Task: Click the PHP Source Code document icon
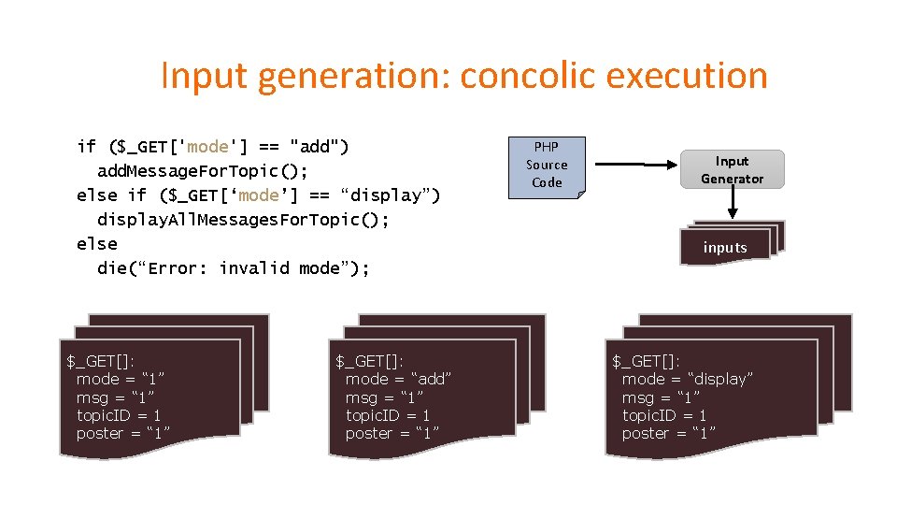click(x=547, y=166)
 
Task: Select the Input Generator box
click(x=733, y=169)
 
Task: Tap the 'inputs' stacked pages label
click(x=725, y=247)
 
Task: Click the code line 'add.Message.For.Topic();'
click(x=202, y=170)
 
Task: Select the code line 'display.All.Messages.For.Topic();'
click(x=243, y=219)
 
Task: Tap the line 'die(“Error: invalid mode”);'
click(x=234, y=268)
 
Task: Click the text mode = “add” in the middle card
click(x=399, y=379)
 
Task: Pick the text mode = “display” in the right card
click(x=688, y=379)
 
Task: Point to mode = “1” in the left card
click(x=121, y=379)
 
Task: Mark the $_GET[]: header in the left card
click(x=100, y=361)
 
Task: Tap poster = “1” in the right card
click(x=669, y=433)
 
